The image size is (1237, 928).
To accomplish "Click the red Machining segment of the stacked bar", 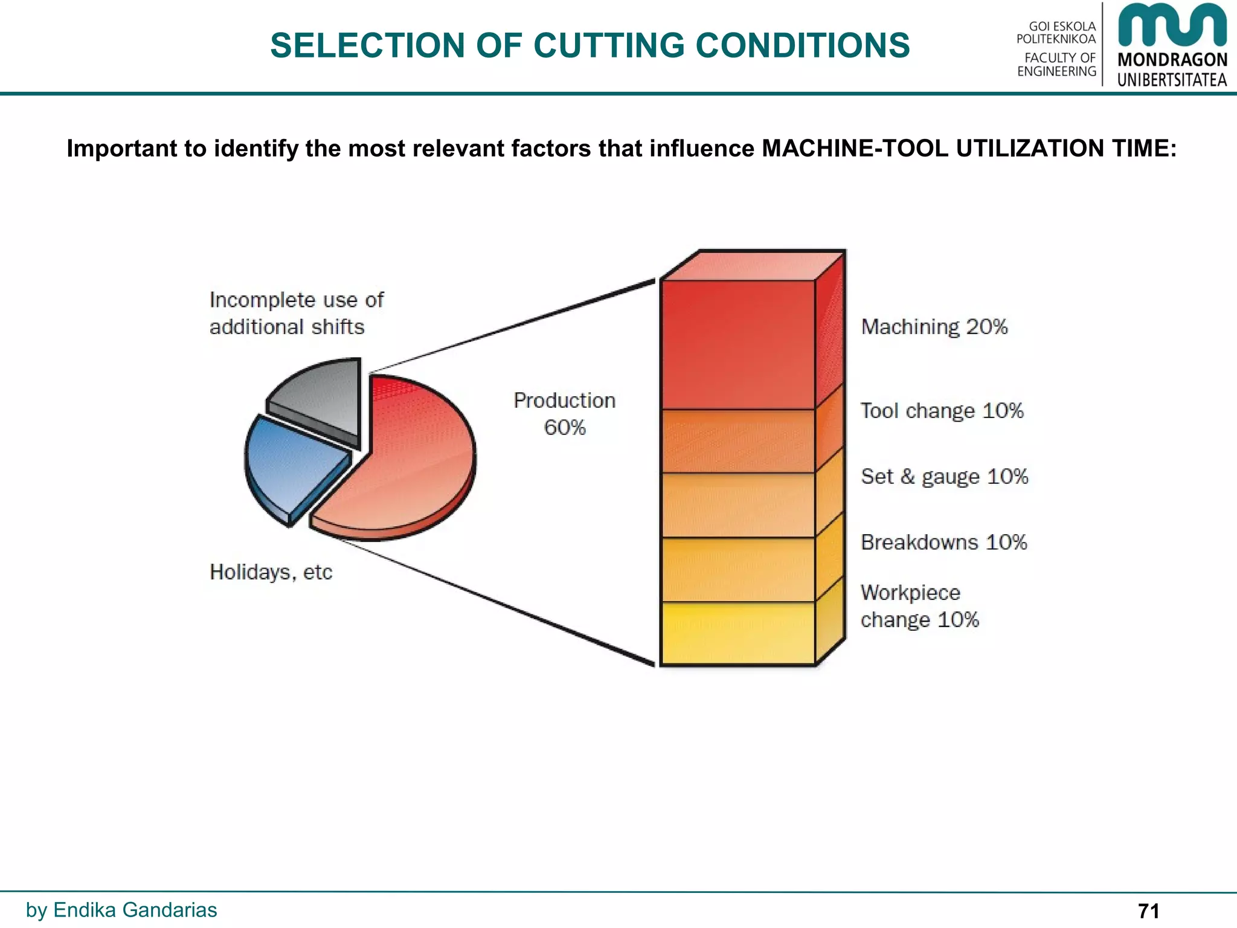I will click(737, 344).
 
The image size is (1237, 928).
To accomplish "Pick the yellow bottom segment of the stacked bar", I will click(737, 633).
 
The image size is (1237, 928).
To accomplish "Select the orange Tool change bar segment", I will click(737, 441).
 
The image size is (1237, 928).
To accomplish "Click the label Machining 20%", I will click(934, 327).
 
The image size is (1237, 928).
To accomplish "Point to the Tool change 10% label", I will click(942, 411).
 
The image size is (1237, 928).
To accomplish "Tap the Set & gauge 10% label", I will click(944, 477).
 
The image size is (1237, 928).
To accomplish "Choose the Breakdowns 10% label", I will click(943, 543).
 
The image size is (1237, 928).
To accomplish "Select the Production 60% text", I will click(564, 414).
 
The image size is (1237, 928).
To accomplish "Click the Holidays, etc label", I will click(271, 572).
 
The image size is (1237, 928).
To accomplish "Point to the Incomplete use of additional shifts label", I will click(296, 313).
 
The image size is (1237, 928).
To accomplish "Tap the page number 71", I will click(1148, 910).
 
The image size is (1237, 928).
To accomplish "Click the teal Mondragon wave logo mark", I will click(1172, 25).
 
